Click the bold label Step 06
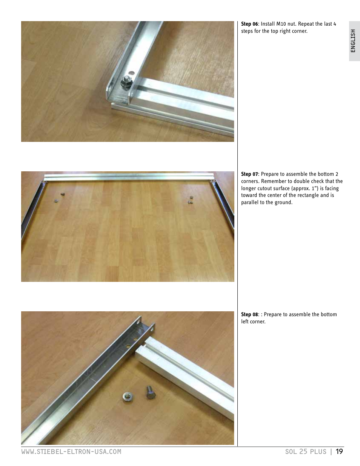coord(249,24)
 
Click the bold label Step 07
coord(249,174)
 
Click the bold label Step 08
coord(249,314)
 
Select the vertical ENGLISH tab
coord(354,41)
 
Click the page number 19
coord(339,451)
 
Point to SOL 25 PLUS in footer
coord(306,452)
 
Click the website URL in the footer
coord(71,452)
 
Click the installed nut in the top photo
coord(126,80)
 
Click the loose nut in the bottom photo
coord(127,397)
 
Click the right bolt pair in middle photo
coord(191,200)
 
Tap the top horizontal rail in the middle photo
coord(128,177)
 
